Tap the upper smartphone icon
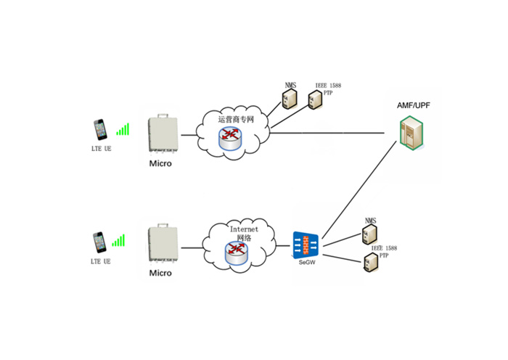100,130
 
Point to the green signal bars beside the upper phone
123,130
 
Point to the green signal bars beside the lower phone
118,240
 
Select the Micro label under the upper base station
160,163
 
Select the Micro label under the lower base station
160,274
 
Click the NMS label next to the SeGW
370,220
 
